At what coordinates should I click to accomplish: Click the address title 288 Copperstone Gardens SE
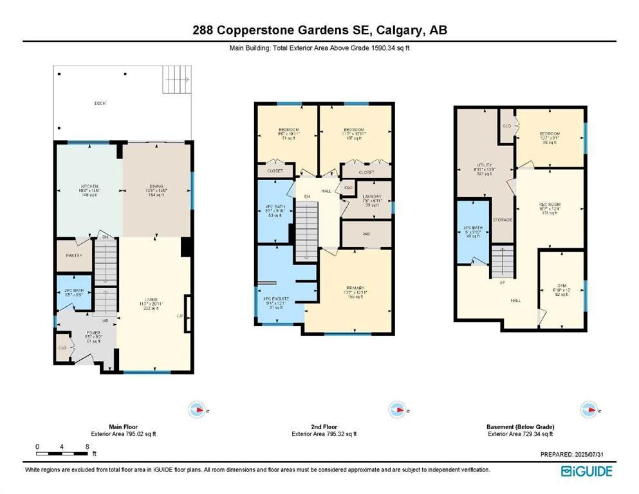pyautogui.click(x=319, y=30)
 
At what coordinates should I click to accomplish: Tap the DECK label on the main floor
pyautogui.click(x=100, y=103)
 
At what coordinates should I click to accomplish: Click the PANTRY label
pyautogui.click(x=75, y=255)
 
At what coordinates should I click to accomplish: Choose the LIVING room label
pyautogui.click(x=151, y=299)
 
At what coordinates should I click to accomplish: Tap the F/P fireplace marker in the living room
pyautogui.click(x=180, y=316)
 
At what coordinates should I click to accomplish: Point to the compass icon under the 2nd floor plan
pyautogui.click(x=396, y=410)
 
